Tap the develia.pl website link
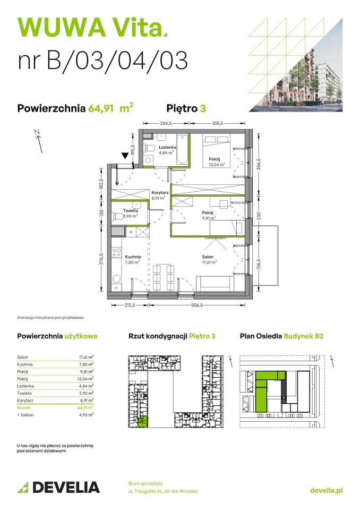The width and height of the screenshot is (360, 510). (x=325, y=490)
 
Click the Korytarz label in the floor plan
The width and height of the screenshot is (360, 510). (x=159, y=194)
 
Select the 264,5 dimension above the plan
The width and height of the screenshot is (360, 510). (x=166, y=123)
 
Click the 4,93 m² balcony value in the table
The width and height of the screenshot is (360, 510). (x=85, y=414)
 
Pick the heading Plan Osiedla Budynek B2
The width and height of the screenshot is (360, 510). (x=281, y=336)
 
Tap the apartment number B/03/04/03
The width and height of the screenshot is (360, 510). (x=103, y=60)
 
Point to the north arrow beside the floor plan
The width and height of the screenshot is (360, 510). (x=36, y=139)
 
